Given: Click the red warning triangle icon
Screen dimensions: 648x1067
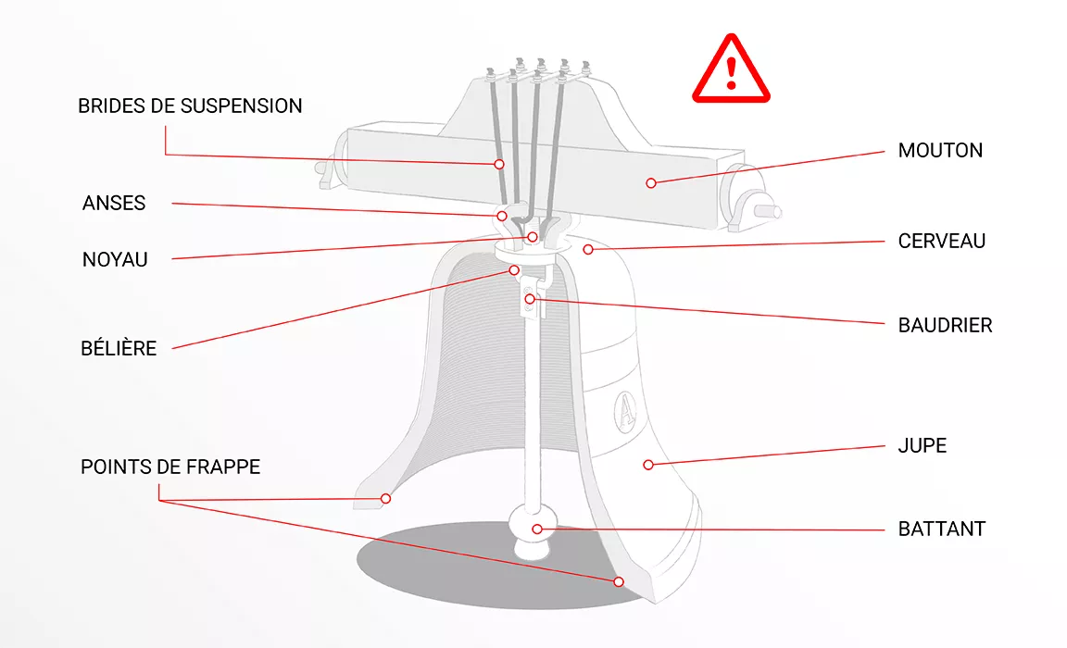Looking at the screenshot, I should pos(732,69).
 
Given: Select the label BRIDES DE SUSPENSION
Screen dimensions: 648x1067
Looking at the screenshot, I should pos(190,106).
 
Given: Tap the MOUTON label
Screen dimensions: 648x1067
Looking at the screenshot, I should pos(940,150).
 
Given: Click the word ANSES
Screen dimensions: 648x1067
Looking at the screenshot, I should pos(114,204).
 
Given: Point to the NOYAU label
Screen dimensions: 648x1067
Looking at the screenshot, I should pos(115,260).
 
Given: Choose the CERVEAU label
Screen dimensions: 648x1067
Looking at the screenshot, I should pos(942,241).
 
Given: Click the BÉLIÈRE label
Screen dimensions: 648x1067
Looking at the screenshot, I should pos(119,349).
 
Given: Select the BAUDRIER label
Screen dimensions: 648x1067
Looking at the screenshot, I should pos(945,325).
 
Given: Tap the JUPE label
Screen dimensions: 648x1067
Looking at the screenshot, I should pos(923,445).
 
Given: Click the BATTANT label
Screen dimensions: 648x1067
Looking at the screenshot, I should pos(942,529).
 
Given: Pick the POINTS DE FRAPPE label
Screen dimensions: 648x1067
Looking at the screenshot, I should pos(170,467).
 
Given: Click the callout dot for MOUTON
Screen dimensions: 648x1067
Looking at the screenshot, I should pos(651,183).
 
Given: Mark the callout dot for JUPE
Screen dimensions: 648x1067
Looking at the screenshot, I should pos(648,464).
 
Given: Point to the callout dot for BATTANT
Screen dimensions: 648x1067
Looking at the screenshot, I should pos(538,529).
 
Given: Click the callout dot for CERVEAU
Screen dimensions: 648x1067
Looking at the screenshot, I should pos(587,249).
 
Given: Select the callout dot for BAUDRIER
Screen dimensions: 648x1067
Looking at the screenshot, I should pos(530,298).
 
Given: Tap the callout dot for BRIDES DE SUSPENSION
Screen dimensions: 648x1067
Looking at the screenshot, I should pos(499,164).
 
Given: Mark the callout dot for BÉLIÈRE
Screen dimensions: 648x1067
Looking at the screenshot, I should pos(515,270).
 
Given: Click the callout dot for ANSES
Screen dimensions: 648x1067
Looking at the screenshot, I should pos(502,216).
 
